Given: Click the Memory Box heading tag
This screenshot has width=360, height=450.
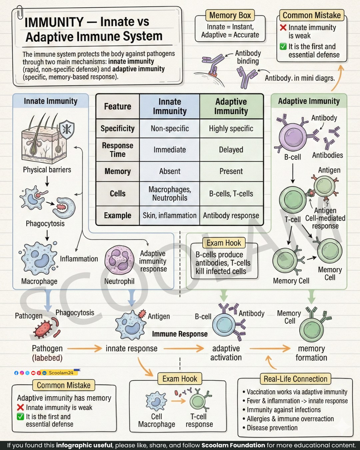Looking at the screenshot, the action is (230, 15).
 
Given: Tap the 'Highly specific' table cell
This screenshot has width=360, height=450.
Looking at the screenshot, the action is (231, 128).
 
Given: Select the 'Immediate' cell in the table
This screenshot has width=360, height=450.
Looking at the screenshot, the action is (170, 150).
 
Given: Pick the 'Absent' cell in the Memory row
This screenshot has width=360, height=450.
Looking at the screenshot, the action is (170, 171).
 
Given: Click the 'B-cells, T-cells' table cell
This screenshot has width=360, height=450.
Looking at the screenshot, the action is (231, 194).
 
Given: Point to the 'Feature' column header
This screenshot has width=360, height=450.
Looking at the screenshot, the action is (118, 106).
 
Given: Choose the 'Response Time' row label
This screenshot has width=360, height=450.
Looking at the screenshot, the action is (118, 150).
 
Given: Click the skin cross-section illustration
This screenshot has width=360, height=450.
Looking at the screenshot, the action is (44, 139).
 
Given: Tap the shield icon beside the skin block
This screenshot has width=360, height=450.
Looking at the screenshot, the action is (67, 129).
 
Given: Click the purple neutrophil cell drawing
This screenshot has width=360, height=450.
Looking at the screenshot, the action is (119, 260).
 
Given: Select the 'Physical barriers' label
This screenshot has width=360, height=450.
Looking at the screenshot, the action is (47, 170).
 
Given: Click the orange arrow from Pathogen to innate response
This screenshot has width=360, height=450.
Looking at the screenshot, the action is (84, 349).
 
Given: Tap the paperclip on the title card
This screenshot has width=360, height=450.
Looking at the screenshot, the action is (20, 13).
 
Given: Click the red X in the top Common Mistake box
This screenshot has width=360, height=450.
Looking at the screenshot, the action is (283, 28).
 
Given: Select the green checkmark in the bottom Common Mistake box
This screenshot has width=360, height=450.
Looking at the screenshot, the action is (20, 417).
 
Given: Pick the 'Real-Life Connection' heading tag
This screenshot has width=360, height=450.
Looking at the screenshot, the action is (295, 379).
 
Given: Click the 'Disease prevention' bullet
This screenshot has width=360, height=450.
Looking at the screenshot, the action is (270, 428).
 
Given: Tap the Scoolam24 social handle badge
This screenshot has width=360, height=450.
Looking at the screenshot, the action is (61, 373).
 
